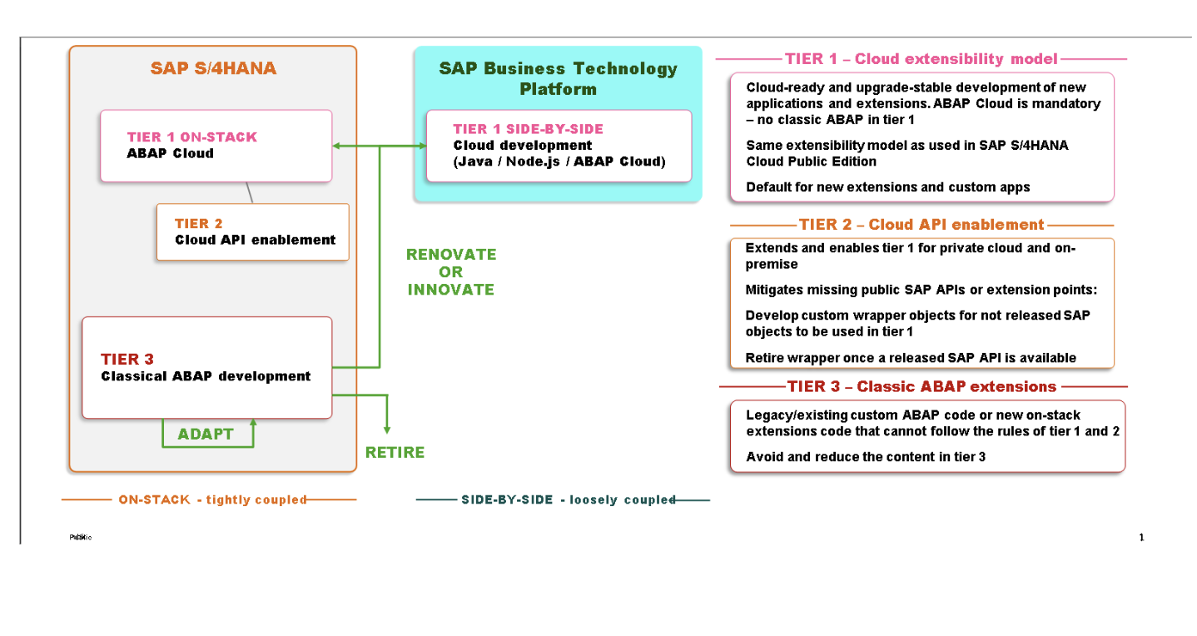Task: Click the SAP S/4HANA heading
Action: pyautogui.click(x=213, y=68)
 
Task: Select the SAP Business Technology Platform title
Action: pyautogui.click(x=558, y=78)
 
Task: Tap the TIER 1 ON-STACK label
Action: pyautogui.click(x=192, y=137)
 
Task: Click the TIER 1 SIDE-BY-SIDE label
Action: pyautogui.click(x=528, y=129)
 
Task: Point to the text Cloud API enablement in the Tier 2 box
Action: pyautogui.click(x=255, y=240)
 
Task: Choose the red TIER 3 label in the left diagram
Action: pyautogui.click(x=127, y=359)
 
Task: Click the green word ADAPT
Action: pyautogui.click(x=206, y=435)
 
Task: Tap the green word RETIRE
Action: pyautogui.click(x=395, y=452)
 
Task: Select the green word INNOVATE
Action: pyautogui.click(x=451, y=290)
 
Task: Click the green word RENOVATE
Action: pyautogui.click(x=451, y=254)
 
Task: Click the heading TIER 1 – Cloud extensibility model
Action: pyautogui.click(x=921, y=59)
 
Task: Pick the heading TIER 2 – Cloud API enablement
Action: pyautogui.click(x=921, y=225)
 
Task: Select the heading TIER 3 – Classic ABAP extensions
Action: pyautogui.click(x=921, y=386)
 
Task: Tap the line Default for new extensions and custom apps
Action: pyautogui.click(x=887, y=187)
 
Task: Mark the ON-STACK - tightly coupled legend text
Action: pyautogui.click(x=212, y=499)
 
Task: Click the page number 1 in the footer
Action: pyautogui.click(x=1141, y=537)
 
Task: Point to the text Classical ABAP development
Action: pyautogui.click(x=206, y=376)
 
